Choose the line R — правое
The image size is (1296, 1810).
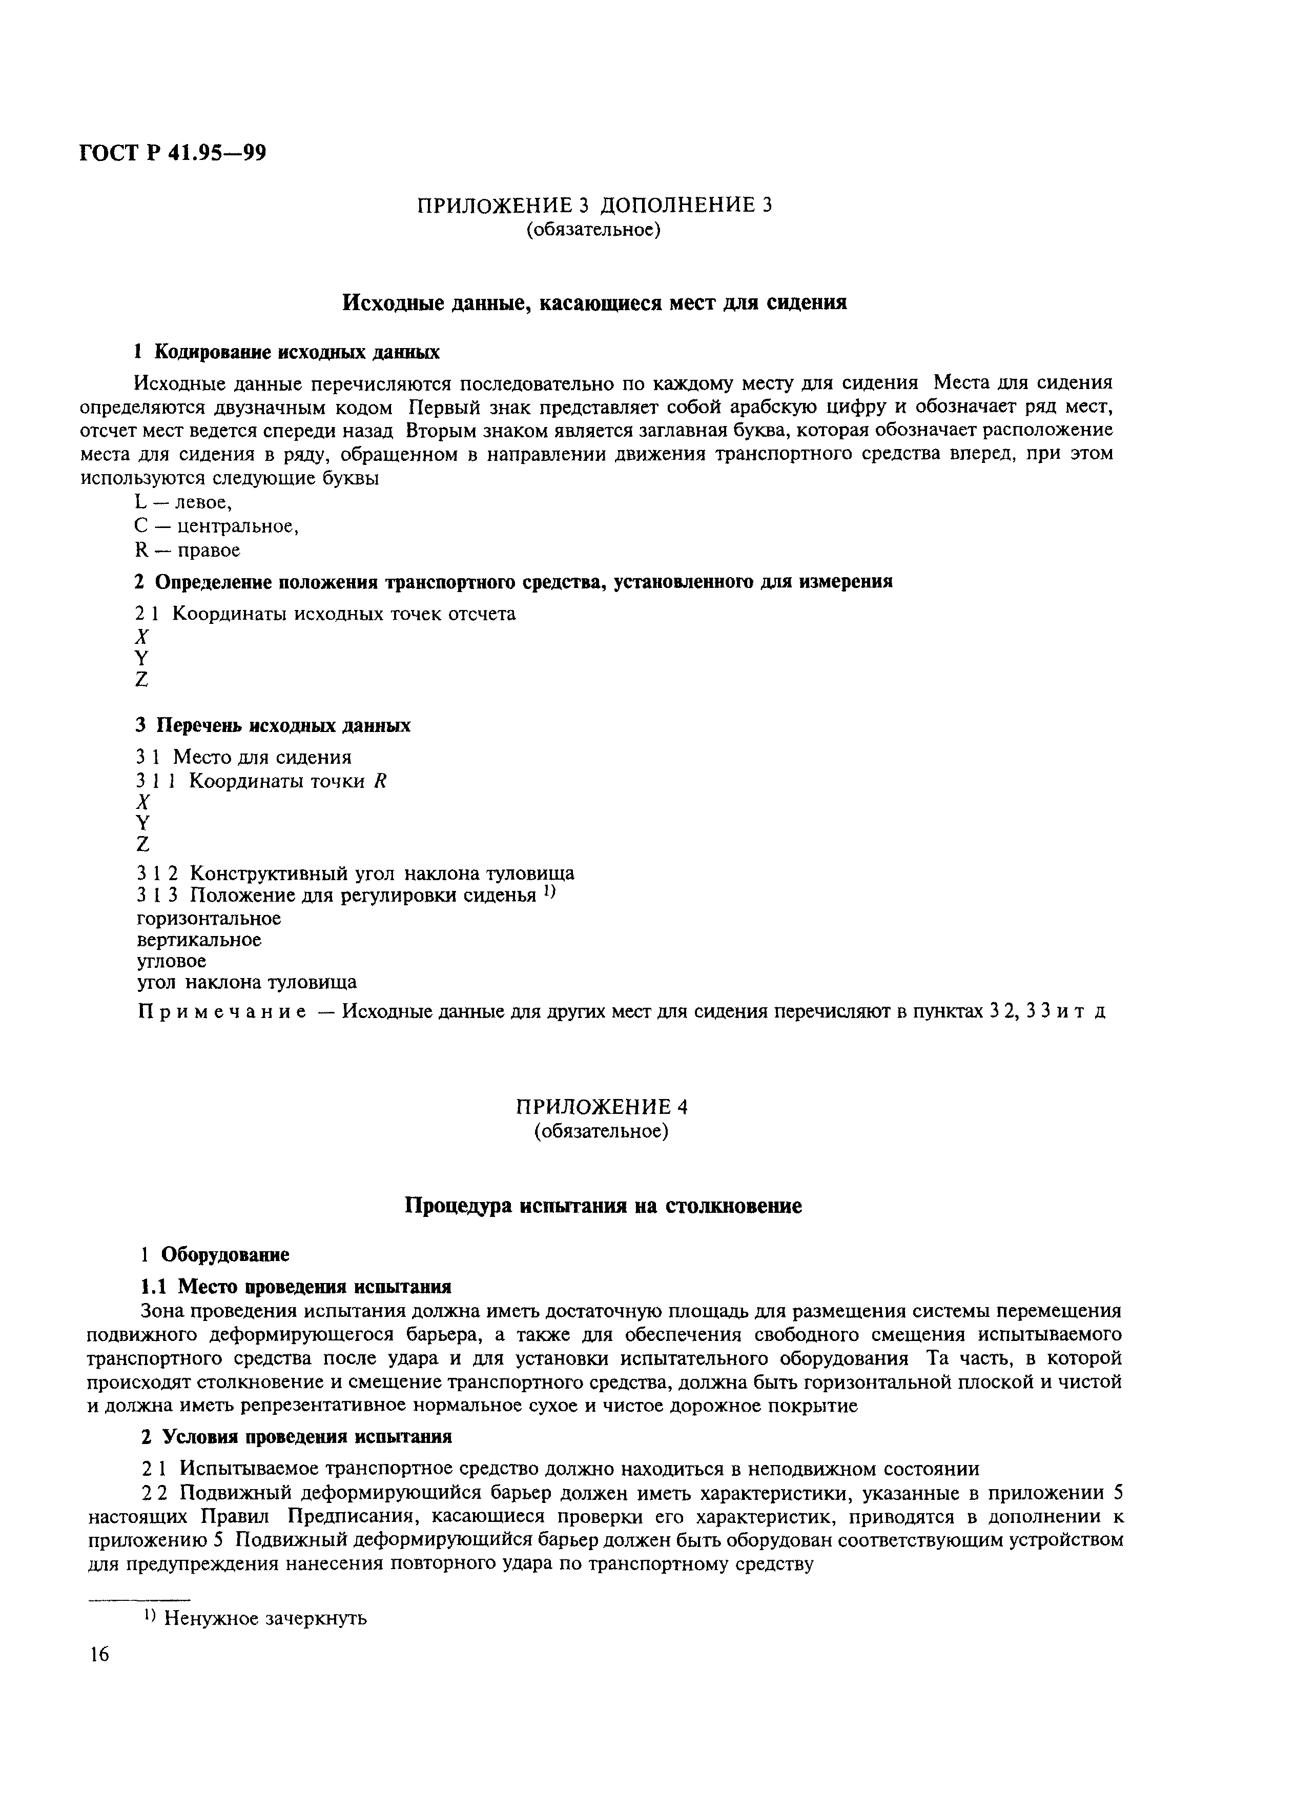(188, 551)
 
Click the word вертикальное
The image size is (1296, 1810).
(199, 940)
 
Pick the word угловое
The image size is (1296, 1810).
(172, 962)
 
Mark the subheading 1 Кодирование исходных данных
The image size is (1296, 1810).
(286, 352)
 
